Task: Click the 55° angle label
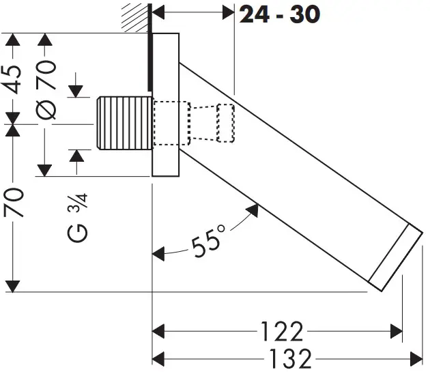pos(207,244)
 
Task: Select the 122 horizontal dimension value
pos(281,332)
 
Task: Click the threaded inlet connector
pos(124,123)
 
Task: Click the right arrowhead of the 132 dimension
pos(417,357)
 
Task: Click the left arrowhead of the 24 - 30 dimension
pos(157,12)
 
